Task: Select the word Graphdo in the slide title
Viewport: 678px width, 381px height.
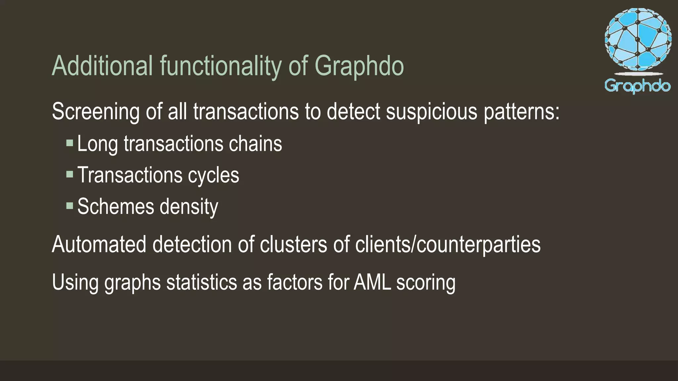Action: [x=359, y=66]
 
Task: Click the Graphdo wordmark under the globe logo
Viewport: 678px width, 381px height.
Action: [x=638, y=86]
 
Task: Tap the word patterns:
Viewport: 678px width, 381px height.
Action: [x=522, y=111]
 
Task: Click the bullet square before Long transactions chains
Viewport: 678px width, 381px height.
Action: [x=70, y=143]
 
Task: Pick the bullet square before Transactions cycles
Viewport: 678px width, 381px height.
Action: [x=70, y=174]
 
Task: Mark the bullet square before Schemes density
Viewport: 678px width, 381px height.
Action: [x=70, y=206]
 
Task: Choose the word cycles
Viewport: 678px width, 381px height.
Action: [x=214, y=175]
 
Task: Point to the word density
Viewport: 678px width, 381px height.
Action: [x=189, y=207]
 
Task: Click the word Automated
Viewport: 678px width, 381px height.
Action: [x=99, y=244]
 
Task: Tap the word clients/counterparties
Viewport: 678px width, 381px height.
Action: [x=448, y=244]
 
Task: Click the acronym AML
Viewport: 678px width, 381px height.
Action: [x=372, y=282]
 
